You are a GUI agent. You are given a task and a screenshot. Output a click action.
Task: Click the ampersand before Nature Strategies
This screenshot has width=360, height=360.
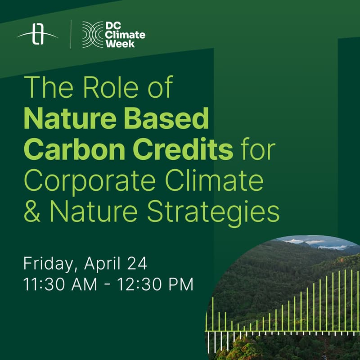[x=32, y=212]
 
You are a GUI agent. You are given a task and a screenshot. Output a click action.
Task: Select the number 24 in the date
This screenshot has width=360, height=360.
[x=136, y=263]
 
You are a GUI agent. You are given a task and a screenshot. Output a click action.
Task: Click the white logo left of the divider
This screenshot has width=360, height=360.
[x=38, y=35]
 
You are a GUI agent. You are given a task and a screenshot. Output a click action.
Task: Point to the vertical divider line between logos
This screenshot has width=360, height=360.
[x=71, y=34]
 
